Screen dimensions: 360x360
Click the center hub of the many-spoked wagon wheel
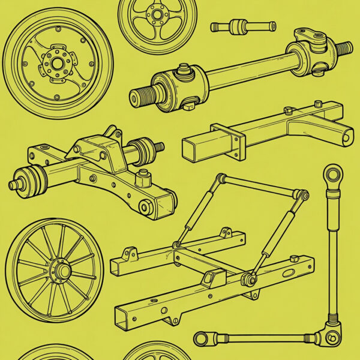click(62, 271)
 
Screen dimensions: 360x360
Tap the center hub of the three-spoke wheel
click(157, 13)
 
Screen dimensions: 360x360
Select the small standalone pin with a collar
click(243, 26)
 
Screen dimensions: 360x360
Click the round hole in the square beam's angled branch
click(347, 137)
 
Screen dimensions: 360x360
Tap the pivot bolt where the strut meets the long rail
click(247, 278)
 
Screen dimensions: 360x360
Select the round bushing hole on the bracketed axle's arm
click(145, 207)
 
